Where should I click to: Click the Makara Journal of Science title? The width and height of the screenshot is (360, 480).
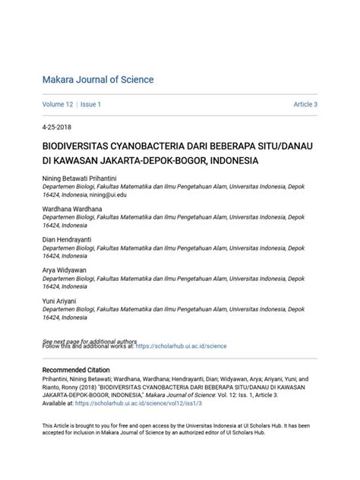tap(97, 80)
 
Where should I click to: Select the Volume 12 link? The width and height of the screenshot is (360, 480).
tap(58, 104)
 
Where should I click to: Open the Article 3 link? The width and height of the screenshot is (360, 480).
tap(305, 104)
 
